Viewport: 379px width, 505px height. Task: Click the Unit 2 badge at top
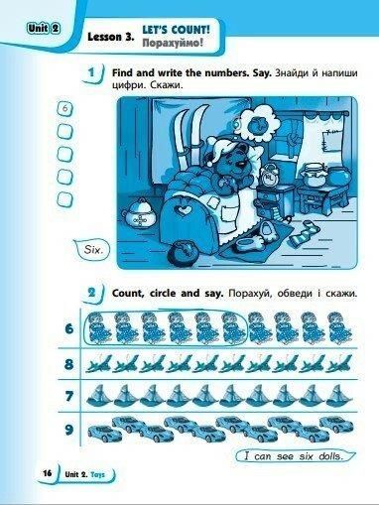(44, 29)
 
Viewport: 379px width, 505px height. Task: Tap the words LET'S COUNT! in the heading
(176, 30)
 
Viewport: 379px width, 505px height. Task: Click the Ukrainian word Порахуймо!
(173, 43)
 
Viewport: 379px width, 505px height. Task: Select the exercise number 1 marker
(92, 72)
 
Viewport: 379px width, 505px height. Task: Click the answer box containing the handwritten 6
(65, 109)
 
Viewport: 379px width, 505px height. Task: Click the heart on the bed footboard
(181, 209)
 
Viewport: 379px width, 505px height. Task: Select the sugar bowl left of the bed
(140, 214)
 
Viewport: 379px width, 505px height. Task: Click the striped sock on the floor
(303, 234)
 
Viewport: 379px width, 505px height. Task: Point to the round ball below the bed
(183, 254)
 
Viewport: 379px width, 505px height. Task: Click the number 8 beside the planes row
(68, 364)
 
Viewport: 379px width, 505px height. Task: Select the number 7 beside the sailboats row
(68, 396)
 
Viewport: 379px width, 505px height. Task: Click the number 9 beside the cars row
(68, 430)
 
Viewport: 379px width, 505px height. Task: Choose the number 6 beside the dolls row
(68, 329)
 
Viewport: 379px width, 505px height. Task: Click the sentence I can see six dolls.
(293, 456)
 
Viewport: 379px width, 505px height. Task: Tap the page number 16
(48, 473)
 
